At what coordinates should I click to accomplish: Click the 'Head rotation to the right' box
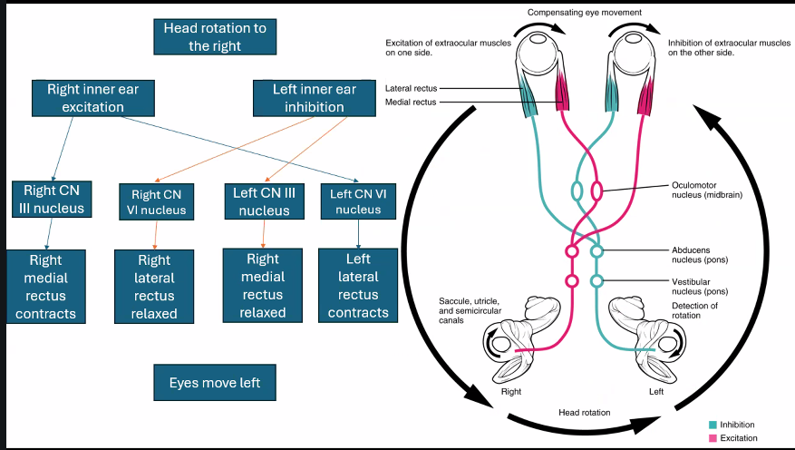[215, 37]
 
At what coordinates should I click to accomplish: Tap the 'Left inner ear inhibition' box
[308, 99]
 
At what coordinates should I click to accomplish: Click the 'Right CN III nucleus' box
[53, 200]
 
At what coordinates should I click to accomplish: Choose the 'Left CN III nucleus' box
[263, 201]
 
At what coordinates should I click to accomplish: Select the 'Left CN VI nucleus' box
[359, 201]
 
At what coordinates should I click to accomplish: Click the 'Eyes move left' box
[215, 383]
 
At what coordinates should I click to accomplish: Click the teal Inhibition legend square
[713, 425]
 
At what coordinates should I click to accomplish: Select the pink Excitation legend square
[713, 439]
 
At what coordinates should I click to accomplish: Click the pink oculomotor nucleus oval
[597, 191]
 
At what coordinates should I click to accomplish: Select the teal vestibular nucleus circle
[597, 280]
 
